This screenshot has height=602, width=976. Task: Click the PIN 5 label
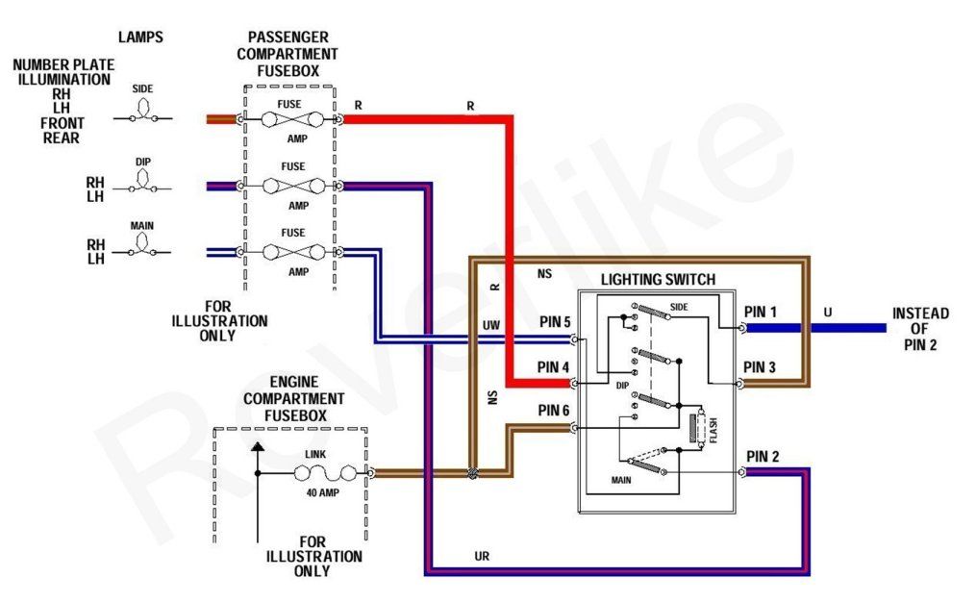tap(554, 322)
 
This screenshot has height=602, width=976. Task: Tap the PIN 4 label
tap(554, 366)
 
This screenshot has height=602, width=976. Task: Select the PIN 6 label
tap(554, 411)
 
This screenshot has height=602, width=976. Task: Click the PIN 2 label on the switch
tap(763, 456)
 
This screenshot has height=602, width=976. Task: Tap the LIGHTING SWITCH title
tap(658, 280)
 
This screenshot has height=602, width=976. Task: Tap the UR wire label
tap(482, 557)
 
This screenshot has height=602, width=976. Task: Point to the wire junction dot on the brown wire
tap(471, 474)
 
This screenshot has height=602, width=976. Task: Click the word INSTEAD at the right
tap(920, 314)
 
